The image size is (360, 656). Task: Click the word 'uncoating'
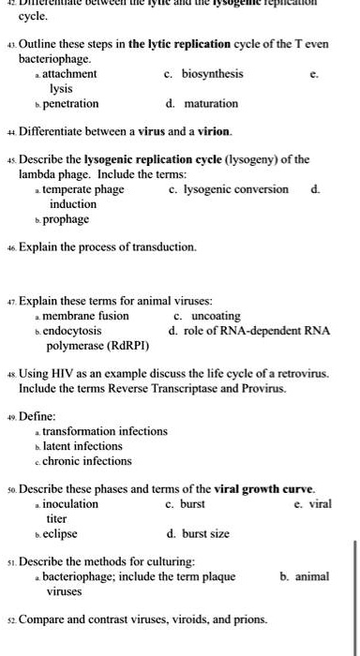[x=202, y=316]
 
